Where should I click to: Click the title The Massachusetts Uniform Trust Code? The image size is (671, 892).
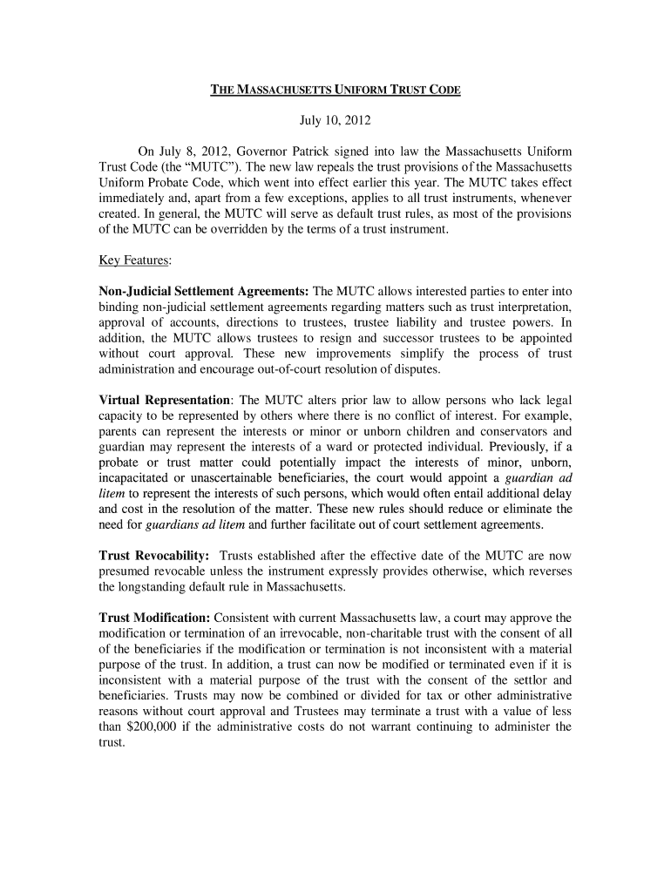pyautogui.click(x=335, y=90)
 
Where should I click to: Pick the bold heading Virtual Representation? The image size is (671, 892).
pyautogui.click(x=166, y=400)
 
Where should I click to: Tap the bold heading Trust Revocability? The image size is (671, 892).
pyautogui.click(x=154, y=556)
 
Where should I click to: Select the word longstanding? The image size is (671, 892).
pyautogui.click(x=159, y=587)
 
